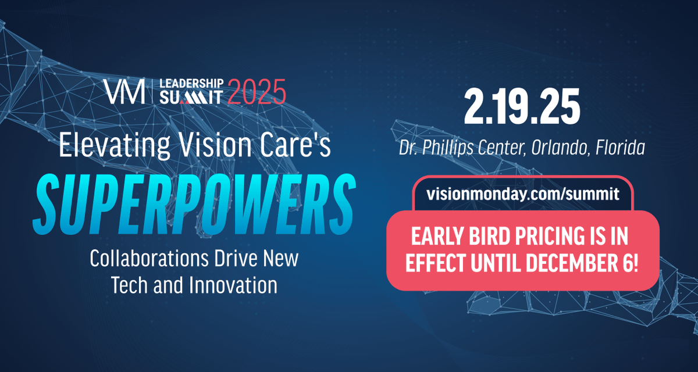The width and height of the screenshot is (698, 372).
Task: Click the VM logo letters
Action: point(124,91)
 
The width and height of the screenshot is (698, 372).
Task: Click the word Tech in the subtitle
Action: point(130,285)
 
